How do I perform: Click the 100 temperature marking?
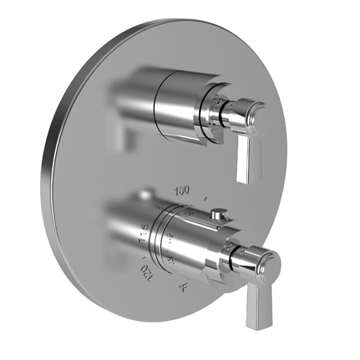pyautogui.click(x=181, y=190)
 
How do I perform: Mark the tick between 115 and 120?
pyautogui.click(x=144, y=254)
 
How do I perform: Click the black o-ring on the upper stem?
pyautogui.click(x=223, y=109)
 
